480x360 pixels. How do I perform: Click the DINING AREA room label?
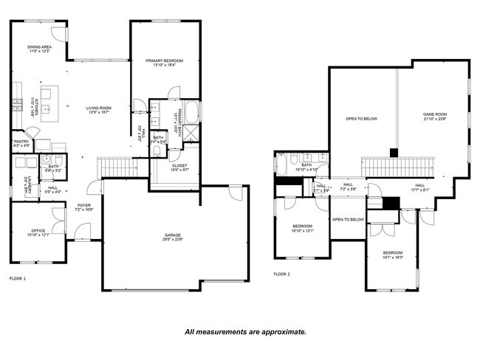coord(38,46)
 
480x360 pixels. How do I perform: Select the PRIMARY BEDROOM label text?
coord(164,60)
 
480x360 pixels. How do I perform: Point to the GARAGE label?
coord(173,236)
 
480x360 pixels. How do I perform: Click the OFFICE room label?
coord(38,230)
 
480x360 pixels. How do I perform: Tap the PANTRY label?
coord(21,142)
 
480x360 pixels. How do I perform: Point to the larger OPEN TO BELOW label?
coord(362,119)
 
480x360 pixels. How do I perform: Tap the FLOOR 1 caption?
coord(17,279)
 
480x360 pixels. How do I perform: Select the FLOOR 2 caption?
coord(281,274)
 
